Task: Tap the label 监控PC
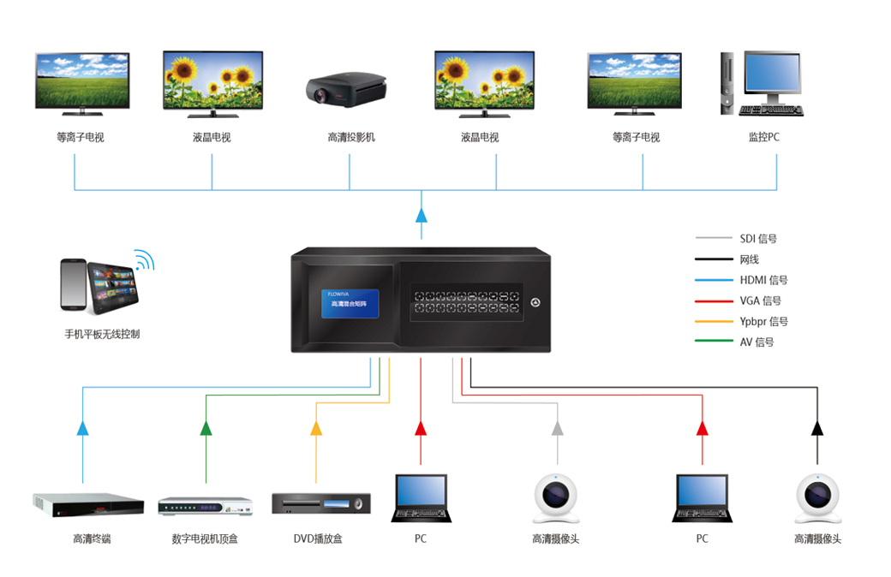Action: pyautogui.click(x=763, y=137)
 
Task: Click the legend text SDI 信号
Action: pyautogui.click(x=758, y=239)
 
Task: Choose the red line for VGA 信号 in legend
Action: pyautogui.click(x=713, y=300)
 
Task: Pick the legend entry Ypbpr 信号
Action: pyautogui.click(x=763, y=321)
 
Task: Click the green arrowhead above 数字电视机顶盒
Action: pyautogui.click(x=206, y=428)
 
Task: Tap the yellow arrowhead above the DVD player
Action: pyautogui.click(x=316, y=428)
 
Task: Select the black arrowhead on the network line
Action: pyautogui.click(x=817, y=428)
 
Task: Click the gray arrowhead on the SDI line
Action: pyautogui.click(x=558, y=428)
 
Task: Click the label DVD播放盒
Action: pyautogui.click(x=318, y=538)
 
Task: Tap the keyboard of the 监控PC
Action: pyautogui.click(x=770, y=110)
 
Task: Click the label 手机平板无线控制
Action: pyautogui.click(x=102, y=334)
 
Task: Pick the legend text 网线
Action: pyautogui.click(x=749, y=259)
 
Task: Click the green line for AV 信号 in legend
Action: pyautogui.click(x=713, y=342)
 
